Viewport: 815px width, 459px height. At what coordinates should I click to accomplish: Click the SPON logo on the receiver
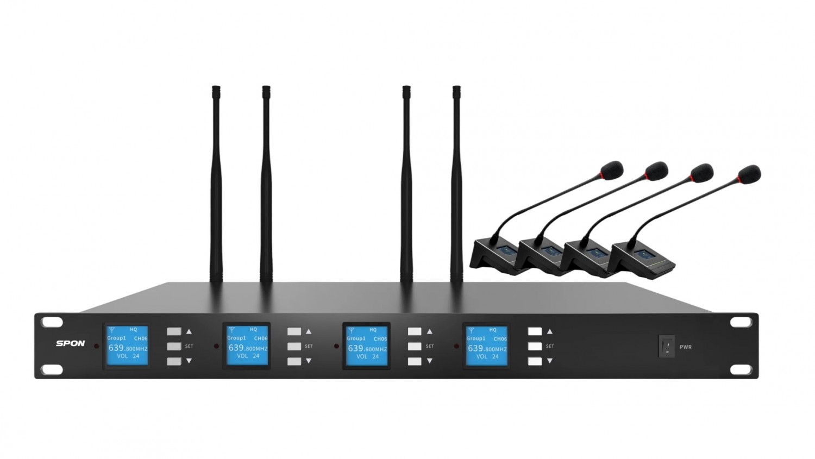tap(70, 343)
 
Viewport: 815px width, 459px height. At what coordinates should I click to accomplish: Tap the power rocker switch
tap(667, 346)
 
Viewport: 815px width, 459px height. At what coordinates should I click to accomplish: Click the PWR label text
tap(686, 347)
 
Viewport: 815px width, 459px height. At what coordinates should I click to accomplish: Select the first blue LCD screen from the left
tap(127, 345)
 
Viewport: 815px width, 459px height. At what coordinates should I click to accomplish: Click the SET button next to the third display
tap(415, 346)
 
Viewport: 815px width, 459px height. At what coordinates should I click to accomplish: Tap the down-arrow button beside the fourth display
tap(535, 361)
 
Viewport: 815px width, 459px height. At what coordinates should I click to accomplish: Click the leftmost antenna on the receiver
tap(216, 184)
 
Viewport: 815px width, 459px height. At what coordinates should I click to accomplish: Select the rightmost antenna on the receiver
tap(456, 184)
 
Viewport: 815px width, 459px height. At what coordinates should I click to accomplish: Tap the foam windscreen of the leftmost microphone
tap(612, 171)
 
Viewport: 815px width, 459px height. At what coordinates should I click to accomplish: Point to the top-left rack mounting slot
tap(52, 322)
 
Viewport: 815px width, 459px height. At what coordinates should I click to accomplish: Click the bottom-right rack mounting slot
tap(741, 370)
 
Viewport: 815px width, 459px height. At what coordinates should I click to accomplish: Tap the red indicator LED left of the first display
tap(96, 346)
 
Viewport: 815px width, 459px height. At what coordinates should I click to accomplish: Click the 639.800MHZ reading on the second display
tap(248, 348)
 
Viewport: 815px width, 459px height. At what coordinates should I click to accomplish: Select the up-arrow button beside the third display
tap(415, 331)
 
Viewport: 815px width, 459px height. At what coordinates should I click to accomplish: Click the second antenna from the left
tap(266, 184)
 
